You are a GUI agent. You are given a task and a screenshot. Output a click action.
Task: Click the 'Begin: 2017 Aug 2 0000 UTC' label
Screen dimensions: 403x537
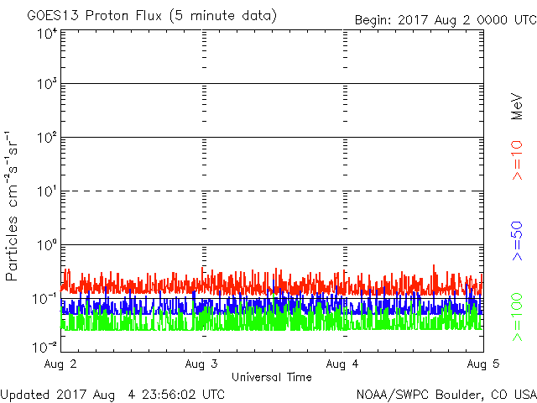click(444, 18)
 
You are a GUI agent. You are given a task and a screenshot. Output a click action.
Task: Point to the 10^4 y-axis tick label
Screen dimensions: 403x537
click(47, 34)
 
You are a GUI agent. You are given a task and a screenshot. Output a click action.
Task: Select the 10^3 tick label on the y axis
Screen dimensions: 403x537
click(47, 85)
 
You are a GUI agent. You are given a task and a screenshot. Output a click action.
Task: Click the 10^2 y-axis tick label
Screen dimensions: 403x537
click(47, 139)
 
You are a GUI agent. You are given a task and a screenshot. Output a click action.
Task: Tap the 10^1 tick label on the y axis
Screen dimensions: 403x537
click(47, 192)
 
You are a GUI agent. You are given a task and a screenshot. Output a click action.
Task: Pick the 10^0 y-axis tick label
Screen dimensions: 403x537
click(47, 246)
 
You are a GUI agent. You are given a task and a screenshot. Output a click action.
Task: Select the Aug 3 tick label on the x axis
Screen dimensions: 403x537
click(202, 364)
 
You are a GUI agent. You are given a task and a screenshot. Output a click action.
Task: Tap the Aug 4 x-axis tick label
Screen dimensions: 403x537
click(342, 364)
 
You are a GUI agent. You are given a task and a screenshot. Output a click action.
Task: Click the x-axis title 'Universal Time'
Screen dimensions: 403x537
click(271, 377)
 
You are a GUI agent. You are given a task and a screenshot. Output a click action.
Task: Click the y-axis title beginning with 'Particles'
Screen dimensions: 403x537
click(13, 206)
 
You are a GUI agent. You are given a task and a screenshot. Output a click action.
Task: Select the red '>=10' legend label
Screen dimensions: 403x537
click(518, 160)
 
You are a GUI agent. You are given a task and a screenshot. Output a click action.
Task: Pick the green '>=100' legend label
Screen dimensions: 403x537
click(518, 317)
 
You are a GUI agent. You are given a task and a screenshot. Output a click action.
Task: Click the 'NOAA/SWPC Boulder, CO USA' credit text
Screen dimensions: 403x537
click(446, 393)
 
